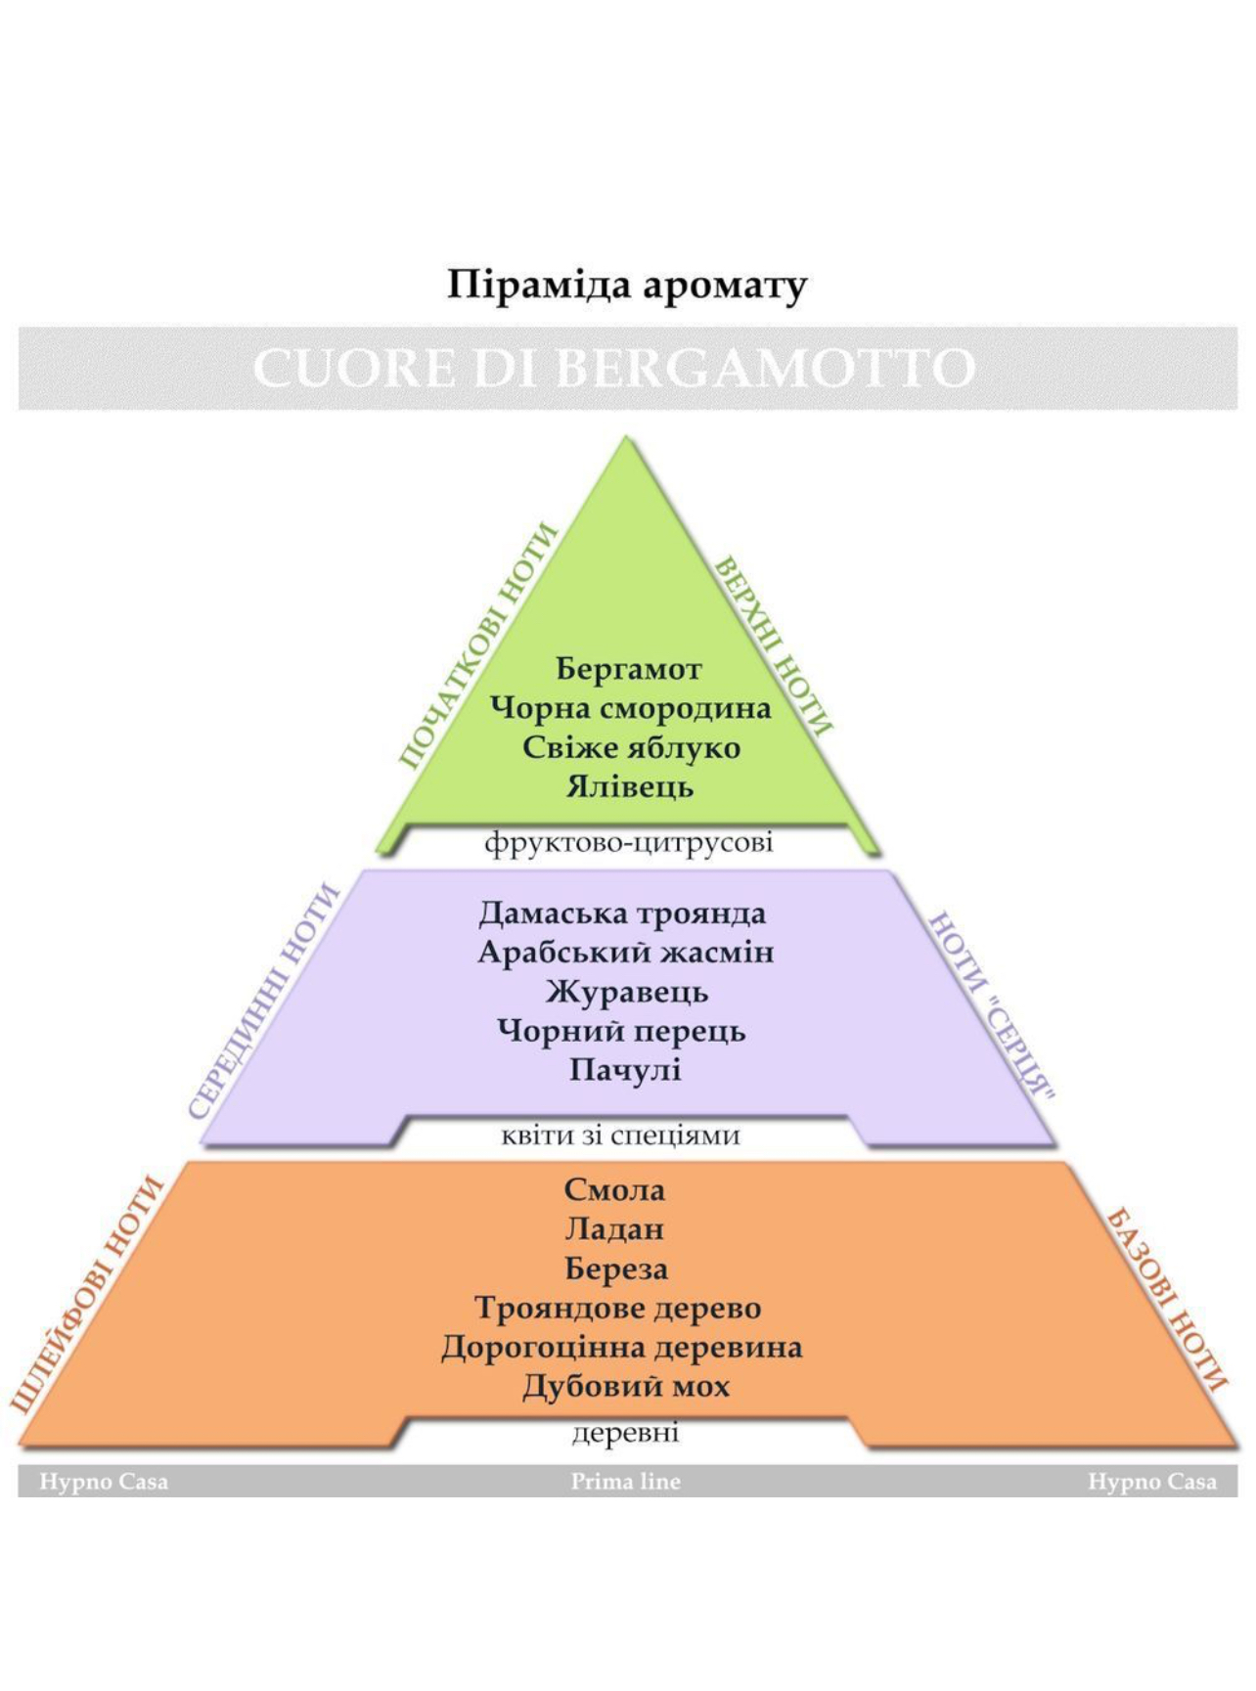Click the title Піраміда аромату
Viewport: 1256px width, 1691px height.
pos(627,286)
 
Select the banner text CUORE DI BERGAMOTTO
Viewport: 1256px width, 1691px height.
pos(614,369)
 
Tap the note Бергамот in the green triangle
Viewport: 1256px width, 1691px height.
pos(629,670)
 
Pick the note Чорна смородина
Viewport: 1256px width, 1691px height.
pos(630,708)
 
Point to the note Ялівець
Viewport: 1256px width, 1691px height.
pos(630,786)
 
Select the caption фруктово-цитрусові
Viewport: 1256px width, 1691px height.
pos(628,842)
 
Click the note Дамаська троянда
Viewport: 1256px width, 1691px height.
pos(622,913)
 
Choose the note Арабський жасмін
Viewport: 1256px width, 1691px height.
pos(625,953)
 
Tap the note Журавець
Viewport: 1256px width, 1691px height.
pos(626,992)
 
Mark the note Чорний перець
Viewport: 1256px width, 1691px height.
pos(621,1031)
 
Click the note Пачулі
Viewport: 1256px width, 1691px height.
pos(625,1070)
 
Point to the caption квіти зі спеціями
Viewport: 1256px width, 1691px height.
pos(620,1135)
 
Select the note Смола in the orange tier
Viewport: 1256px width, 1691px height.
pos(614,1190)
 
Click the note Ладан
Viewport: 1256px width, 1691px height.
pos(614,1229)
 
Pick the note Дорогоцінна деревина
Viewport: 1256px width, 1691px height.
pos(621,1348)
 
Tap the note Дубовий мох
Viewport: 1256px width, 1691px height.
pos(625,1387)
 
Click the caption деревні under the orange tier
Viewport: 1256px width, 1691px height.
pos(625,1433)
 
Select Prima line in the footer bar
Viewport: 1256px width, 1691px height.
pos(625,1482)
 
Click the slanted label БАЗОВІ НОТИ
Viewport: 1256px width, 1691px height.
pos(1165,1300)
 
